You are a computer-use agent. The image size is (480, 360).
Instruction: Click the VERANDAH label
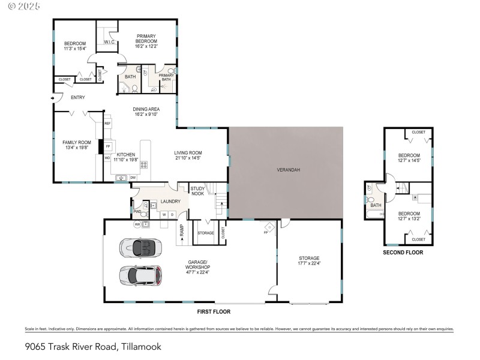point(288,170)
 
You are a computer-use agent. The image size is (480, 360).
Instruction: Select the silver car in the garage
point(140,275)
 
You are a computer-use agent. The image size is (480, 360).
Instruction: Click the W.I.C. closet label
point(109,42)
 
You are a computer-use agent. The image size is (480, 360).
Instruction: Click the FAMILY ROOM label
point(77,142)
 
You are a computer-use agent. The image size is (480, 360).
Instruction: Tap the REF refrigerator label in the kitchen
point(108,123)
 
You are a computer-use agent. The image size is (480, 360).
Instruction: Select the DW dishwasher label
point(133,178)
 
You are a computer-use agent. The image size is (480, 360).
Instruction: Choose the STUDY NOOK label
point(198,191)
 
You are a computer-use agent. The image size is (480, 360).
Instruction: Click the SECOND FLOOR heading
point(403,253)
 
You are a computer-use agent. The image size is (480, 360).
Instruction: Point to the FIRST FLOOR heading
point(213,311)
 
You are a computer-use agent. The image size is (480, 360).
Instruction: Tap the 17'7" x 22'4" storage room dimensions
point(310,263)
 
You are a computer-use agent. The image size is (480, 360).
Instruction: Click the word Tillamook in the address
point(141,346)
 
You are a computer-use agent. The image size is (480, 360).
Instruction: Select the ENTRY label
point(78,97)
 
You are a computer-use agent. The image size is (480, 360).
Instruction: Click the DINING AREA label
point(146,109)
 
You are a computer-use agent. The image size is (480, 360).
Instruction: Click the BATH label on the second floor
point(376,205)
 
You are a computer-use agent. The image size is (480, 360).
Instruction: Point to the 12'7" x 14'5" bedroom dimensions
point(409,160)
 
